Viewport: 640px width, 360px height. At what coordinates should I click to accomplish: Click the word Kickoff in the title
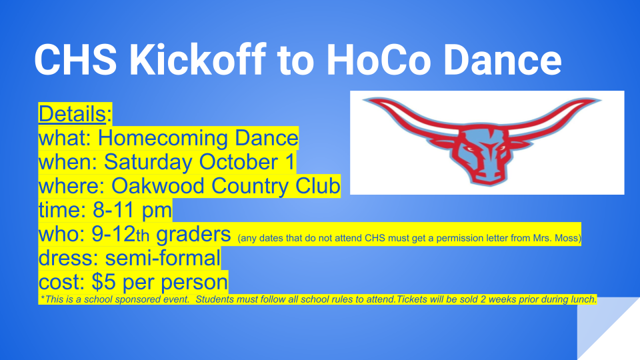point(197,59)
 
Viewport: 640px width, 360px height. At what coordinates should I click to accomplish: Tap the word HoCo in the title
point(379,60)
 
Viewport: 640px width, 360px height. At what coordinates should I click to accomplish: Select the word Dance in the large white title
point(503,60)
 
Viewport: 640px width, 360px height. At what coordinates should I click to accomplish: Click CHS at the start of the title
point(75,60)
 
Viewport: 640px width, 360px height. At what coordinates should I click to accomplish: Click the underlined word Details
point(72,113)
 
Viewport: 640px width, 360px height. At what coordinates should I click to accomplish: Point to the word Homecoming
point(163,138)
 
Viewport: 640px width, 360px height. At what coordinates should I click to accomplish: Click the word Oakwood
point(158,186)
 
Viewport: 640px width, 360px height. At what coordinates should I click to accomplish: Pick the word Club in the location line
point(318,186)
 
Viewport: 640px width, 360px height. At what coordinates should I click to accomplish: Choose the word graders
point(193,235)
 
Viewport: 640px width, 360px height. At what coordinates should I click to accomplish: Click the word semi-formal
point(163,258)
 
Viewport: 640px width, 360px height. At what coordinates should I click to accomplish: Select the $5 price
point(104,282)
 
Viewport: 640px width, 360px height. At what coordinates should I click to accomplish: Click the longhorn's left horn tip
point(364,99)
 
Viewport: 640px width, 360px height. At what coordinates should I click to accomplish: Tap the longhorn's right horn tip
point(600,99)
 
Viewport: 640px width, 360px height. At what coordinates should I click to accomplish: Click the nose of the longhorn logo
point(487,179)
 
